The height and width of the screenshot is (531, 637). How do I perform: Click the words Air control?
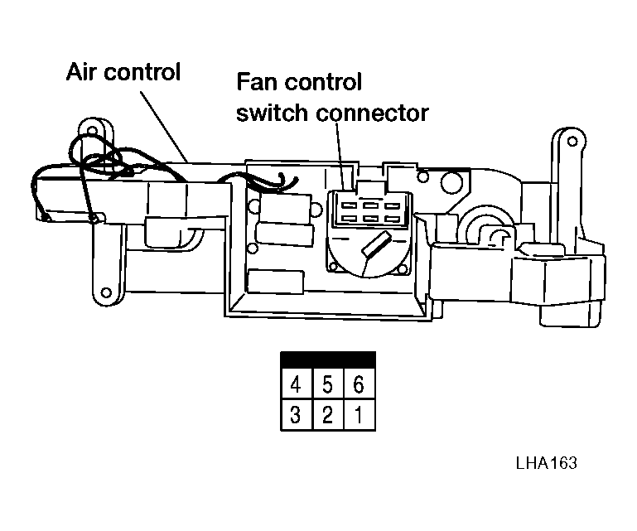[x=123, y=72]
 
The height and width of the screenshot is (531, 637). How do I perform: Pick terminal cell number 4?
[x=297, y=384]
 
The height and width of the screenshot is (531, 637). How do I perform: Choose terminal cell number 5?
[x=327, y=384]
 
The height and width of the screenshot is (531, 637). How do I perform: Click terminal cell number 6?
[x=359, y=384]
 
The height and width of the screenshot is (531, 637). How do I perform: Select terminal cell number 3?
[x=297, y=415]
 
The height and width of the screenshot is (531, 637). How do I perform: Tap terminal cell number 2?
[x=327, y=415]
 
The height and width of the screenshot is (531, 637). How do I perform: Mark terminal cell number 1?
[x=359, y=415]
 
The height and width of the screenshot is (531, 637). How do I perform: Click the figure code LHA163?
[x=546, y=463]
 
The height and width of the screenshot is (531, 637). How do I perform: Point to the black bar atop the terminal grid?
[x=328, y=360]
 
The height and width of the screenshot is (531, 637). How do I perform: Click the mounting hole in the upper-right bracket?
[x=572, y=142]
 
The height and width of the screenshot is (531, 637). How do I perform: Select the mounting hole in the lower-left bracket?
[x=106, y=292]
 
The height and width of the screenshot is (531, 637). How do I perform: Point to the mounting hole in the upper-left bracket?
[x=93, y=130]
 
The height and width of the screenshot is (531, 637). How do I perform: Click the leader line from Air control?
[x=164, y=127]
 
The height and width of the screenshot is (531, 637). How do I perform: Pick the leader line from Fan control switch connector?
[x=340, y=156]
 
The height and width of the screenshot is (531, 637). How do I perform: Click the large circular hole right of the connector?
[x=451, y=181]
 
